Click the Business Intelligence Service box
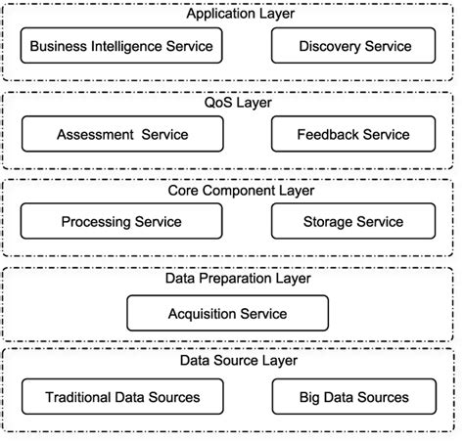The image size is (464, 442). click(120, 46)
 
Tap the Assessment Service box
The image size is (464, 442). click(120, 134)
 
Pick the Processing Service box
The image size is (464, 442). click(120, 222)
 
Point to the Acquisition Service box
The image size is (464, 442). click(227, 314)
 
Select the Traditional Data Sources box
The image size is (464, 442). click(121, 397)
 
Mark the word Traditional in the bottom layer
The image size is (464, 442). click(77, 397)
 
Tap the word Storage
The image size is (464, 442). click(326, 222)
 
